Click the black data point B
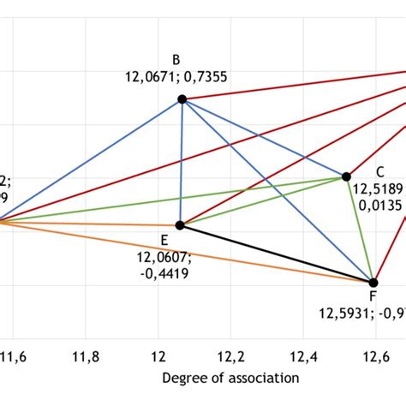coord(182,99)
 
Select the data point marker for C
coord(346,176)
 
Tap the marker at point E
coord(180,225)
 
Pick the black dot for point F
coord(373,282)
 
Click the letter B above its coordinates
coord(176,60)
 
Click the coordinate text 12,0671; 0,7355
coord(176,76)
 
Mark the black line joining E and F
coord(277,254)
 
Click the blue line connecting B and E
coord(181,163)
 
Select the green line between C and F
coord(360,230)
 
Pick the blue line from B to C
coord(264,138)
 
